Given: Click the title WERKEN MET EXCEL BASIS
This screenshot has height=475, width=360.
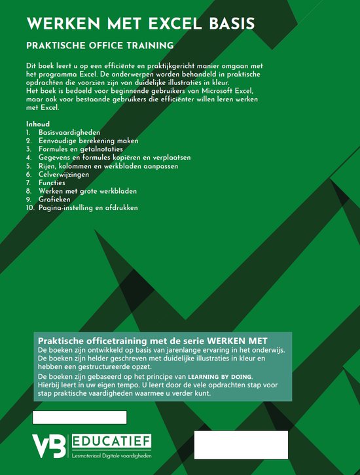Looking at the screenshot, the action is [141, 24].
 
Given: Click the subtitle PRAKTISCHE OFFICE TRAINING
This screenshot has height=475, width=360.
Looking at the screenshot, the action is [99, 46].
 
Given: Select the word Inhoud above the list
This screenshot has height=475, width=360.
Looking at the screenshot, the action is [38, 124].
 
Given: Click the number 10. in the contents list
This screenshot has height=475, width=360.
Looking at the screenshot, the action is [30, 207].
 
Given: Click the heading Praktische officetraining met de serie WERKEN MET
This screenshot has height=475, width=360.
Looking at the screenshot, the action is [153, 342].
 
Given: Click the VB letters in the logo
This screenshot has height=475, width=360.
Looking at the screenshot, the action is [49, 445].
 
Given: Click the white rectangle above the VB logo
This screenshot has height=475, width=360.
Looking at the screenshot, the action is [79, 417].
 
